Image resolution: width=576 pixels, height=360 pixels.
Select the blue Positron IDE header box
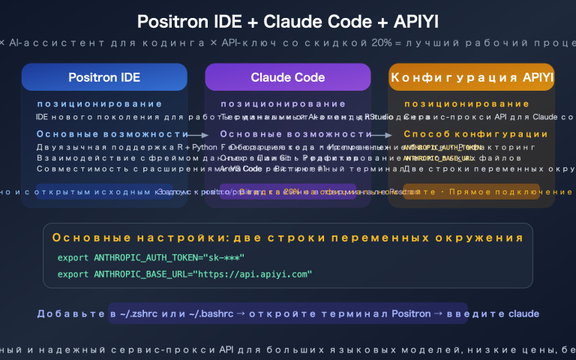pyautogui.click(x=104, y=77)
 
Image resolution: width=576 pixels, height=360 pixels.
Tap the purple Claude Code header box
pyautogui.click(x=288, y=77)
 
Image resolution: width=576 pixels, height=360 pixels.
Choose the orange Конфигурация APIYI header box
pyautogui.click(x=472, y=77)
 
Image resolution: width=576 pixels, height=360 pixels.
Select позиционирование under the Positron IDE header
pyautogui.click(x=100, y=104)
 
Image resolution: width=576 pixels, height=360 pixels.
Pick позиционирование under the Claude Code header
pyautogui.click(x=283, y=104)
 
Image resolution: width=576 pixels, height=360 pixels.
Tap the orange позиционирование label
pyautogui.click(x=466, y=104)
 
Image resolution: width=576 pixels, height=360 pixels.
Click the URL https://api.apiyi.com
pyautogui.click(x=256, y=274)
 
